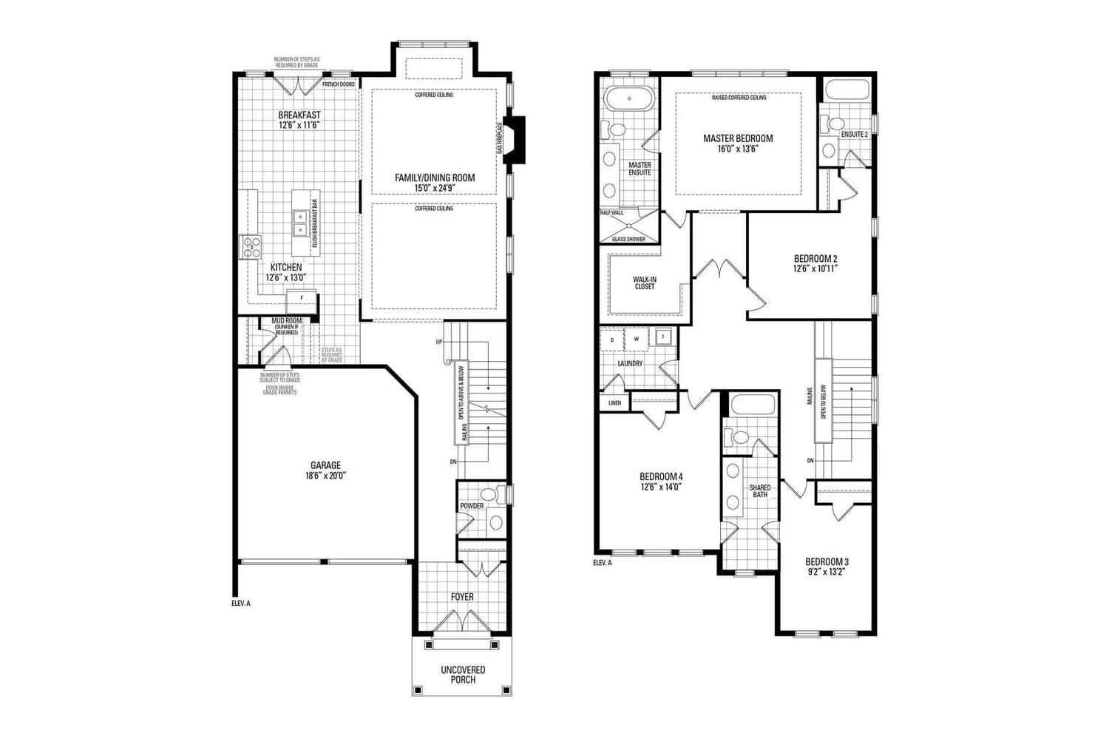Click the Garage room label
tap(325, 465)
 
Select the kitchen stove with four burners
tap(251, 246)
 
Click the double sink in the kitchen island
tap(301, 223)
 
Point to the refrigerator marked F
tap(301, 298)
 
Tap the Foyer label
tap(462, 596)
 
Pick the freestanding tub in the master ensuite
tap(629, 98)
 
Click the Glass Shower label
tap(628, 239)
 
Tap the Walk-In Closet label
tap(644, 283)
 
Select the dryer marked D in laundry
tap(611, 340)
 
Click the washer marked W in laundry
tap(636, 340)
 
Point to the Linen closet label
tap(614, 403)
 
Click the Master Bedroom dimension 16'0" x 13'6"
tap(738, 149)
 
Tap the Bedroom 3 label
tap(827, 561)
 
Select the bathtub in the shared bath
tap(752, 405)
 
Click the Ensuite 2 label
tap(854, 135)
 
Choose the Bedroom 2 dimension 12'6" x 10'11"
tap(815, 269)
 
